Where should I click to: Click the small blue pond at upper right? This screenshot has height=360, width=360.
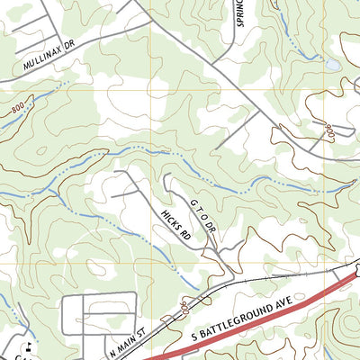pos(333,66)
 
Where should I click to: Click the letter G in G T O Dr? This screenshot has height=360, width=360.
pos(192,204)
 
